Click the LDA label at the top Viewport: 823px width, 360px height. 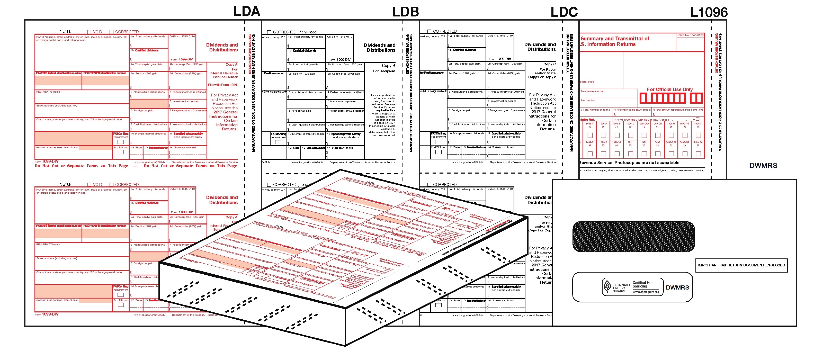click(247, 12)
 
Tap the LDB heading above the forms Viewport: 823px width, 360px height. click(405, 12)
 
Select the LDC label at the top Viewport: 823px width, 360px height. click(564, 12)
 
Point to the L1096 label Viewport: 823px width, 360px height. click(708, 12)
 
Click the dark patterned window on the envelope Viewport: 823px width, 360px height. click(633, 237)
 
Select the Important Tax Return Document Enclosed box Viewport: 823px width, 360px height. click(741, 265)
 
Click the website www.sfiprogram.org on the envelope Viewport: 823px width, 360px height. click(646, 292)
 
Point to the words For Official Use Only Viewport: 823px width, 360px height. click(670, 89)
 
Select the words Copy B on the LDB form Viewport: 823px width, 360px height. click(388, 66)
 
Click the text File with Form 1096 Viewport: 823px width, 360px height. click(223, 85)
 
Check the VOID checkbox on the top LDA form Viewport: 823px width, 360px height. click(90, 32)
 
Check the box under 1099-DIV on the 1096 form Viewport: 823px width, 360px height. click(658, 136)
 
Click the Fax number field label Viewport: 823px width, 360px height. click(588, 100)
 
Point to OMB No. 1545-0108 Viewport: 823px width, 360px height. click(691, 35)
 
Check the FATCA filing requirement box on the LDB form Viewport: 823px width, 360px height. click(278, 142)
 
